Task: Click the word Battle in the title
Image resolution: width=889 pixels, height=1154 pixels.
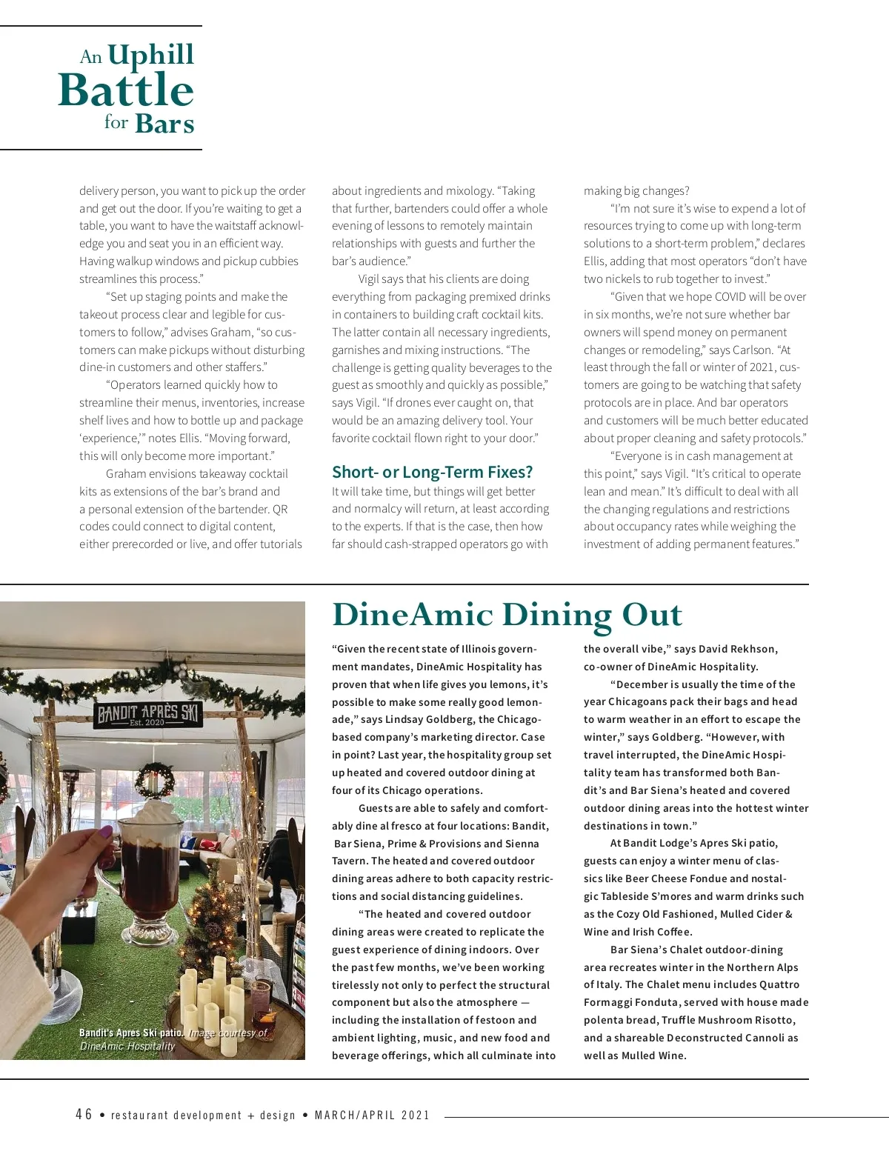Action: pyautogui.click(x=126, y=90)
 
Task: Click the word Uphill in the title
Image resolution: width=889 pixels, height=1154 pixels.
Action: pyautogui.click(x=150, y=55)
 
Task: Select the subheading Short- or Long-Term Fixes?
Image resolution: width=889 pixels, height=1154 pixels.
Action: pyautogui.click(x=432, y=473)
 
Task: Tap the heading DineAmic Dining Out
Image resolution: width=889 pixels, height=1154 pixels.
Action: pyautogui.click(x=507, y=615)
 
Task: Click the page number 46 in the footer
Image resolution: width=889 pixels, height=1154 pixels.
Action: pyautogui.click(x=84, y=1115)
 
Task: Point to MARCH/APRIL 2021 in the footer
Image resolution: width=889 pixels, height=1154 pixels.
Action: pyautogui.click(x=372, y=1115)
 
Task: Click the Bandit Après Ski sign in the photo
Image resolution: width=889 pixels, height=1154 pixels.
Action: pyautogui.click(x=149, y=716)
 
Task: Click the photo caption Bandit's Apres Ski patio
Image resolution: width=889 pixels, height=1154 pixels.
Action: pyautogui.click(x=131, y=1033)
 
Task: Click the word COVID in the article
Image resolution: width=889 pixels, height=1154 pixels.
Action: pyautogui.click(x=730, y=297)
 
